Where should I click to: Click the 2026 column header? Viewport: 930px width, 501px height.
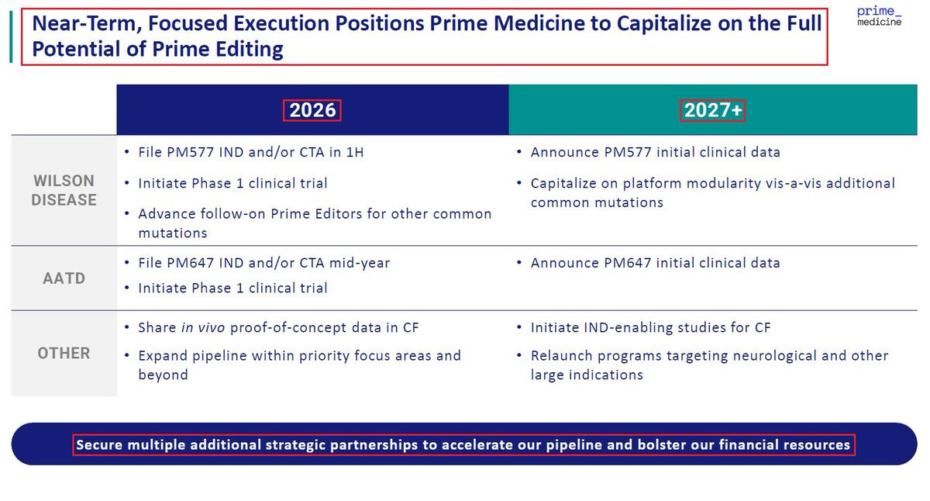(x=312, y=110)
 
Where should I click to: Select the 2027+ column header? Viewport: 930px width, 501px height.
(x=712, y=110)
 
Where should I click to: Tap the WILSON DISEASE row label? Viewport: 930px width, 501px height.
(x=64, y=190)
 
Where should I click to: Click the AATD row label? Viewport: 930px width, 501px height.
(x=64, y=278)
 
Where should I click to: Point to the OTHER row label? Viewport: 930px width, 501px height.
(x=64, y=353)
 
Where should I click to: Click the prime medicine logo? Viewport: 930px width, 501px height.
(x=879, y=16)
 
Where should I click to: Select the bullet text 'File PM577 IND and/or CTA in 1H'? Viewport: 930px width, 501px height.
(x=251, y=153)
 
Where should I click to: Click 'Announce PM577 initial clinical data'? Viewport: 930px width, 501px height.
(x=655, y=153)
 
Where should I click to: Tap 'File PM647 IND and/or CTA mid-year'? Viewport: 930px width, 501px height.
(x=264, y=263)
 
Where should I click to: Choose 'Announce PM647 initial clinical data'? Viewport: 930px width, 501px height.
(x=655, y=263)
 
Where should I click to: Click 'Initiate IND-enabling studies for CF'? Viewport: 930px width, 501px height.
(x=650, y=328)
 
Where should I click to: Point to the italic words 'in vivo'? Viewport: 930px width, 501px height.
(x=203, y=328)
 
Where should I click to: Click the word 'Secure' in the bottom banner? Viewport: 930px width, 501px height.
(x=99, y=445)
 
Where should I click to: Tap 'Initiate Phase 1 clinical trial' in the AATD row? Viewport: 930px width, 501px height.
(x=232, y=289)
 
